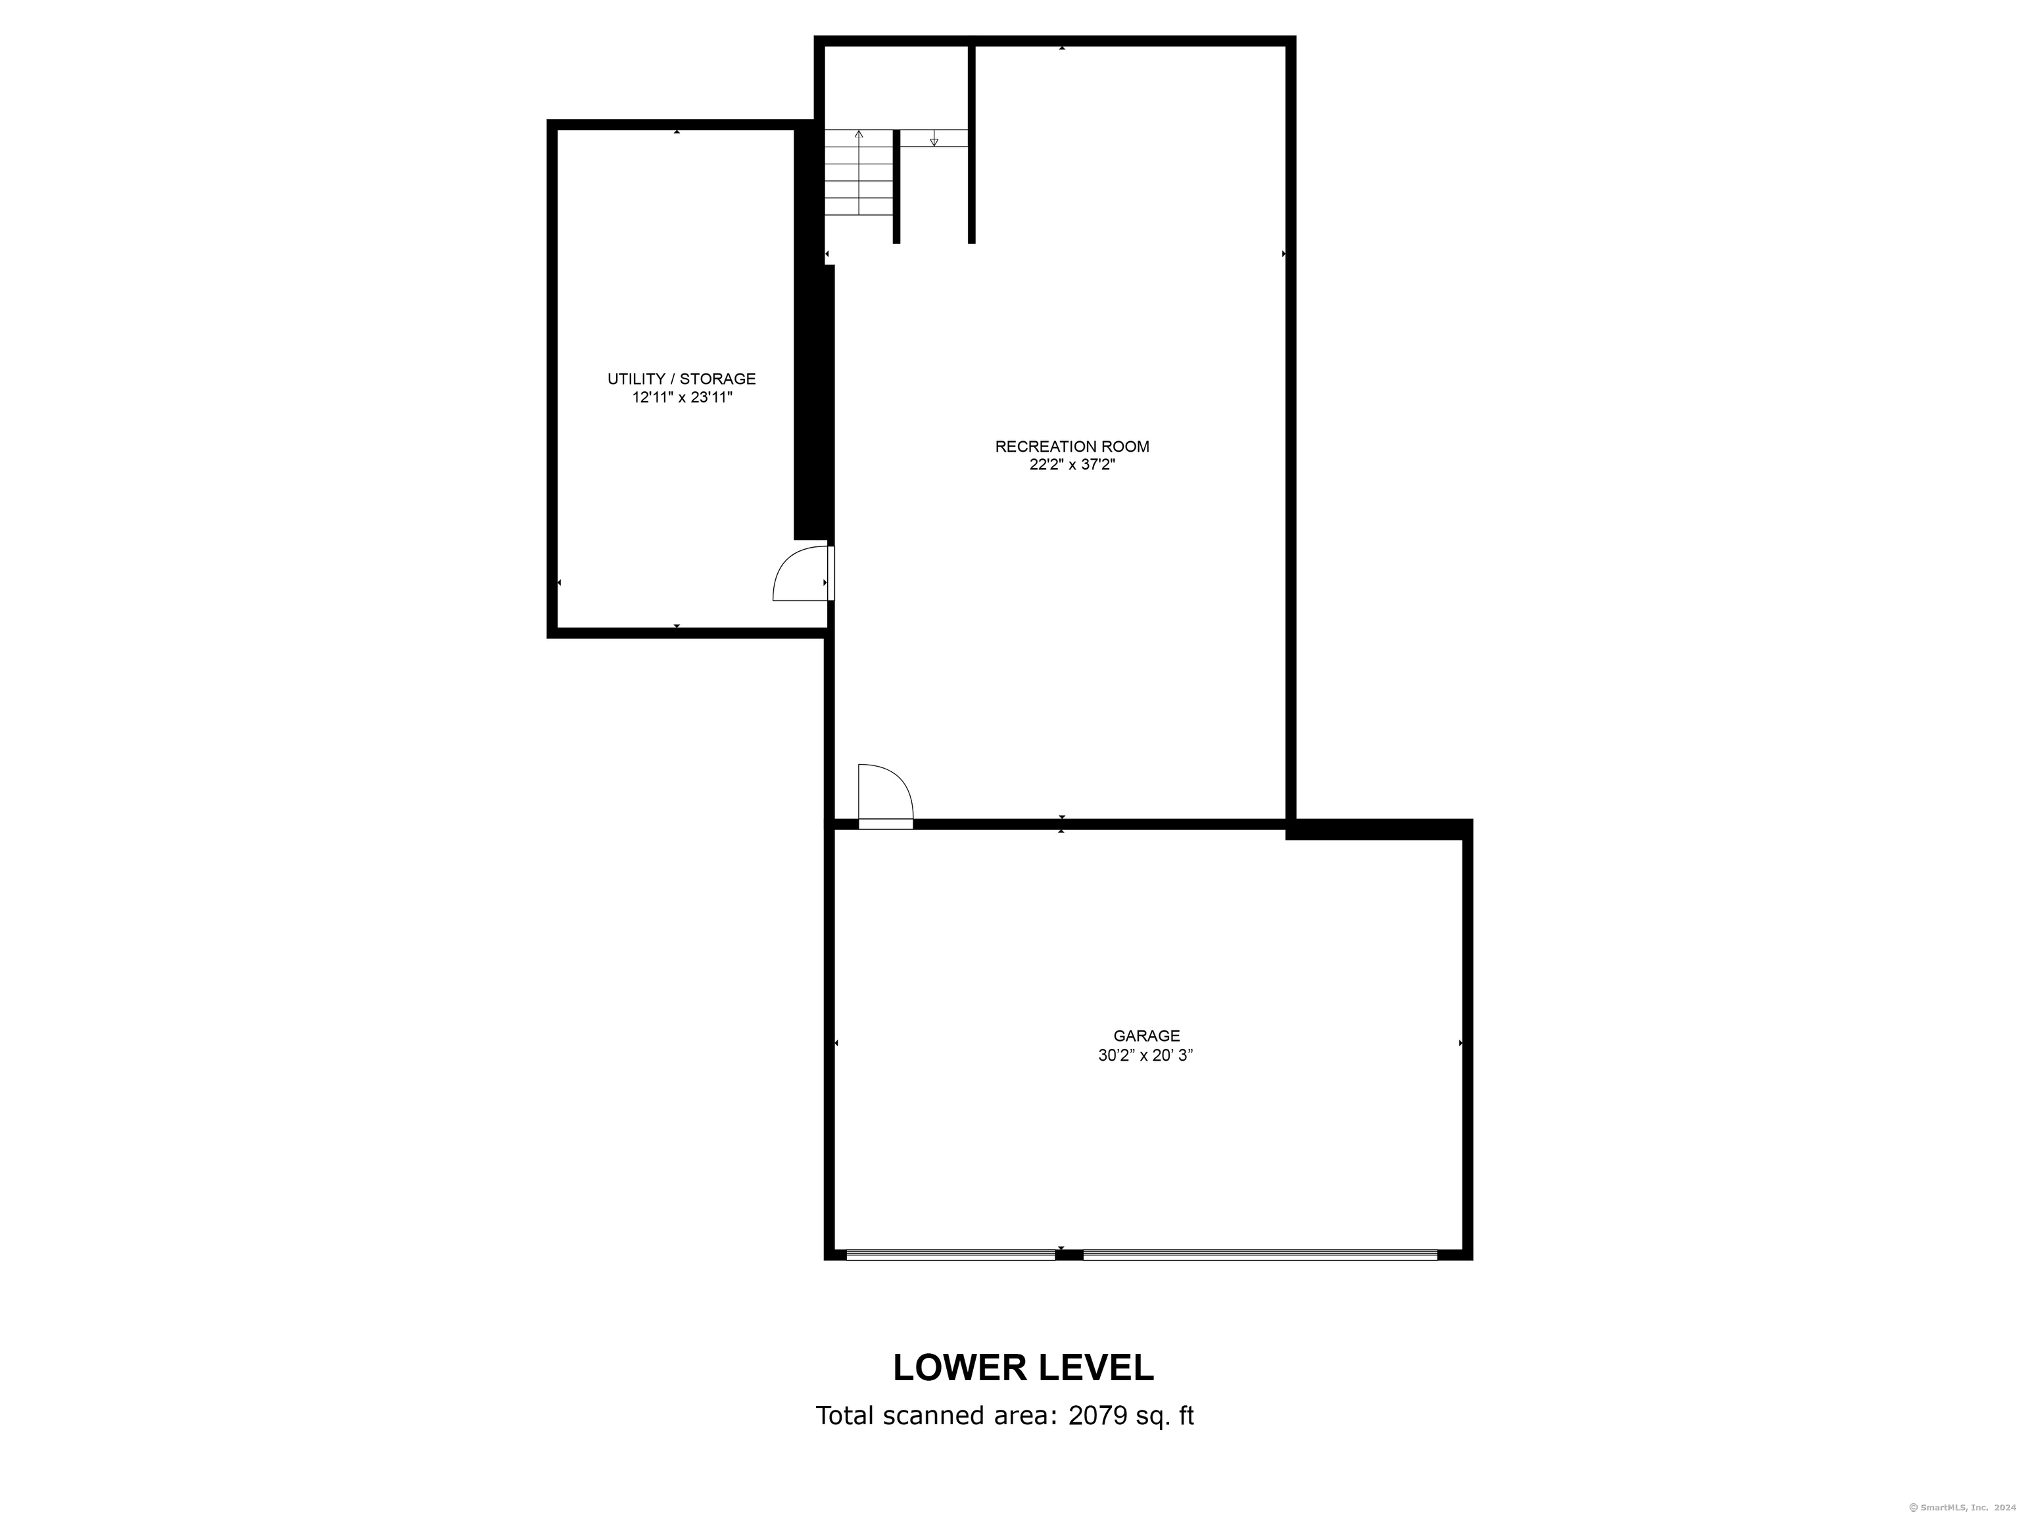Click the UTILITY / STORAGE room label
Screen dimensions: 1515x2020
coord(681,378)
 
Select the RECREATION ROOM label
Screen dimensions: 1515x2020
coord(1071,446)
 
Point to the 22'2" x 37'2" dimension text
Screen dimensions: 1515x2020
coord(1071,465)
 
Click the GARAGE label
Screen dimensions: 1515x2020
coord(1146,1036)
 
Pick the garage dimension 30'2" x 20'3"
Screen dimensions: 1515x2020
coord(1145,1055)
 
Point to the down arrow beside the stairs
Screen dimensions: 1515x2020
coord(933,141)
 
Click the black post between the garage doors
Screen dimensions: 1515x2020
coord(1069,1255)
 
